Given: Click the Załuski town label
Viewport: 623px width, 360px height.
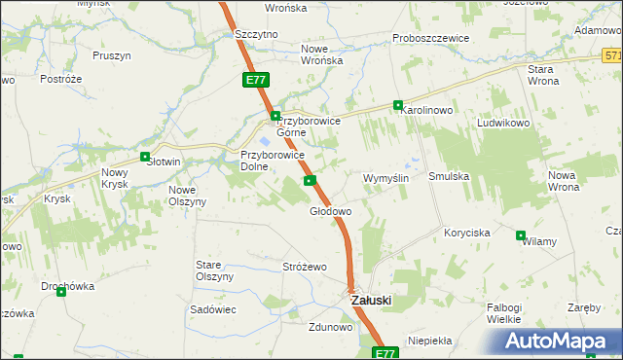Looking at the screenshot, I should pos(370,301).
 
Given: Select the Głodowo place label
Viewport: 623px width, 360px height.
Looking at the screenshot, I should pos(330,210).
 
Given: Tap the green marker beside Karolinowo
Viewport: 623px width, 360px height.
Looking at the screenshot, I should pos(398,105).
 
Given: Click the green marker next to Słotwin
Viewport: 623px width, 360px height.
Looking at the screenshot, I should pos(145,157).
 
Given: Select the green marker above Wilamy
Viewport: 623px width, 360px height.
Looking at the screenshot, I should pos(521,235).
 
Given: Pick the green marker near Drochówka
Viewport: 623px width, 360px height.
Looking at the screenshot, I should pos(60,292).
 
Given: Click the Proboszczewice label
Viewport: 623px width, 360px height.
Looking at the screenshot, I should pos(430,38).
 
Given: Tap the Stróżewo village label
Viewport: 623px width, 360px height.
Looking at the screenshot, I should pos(304,266).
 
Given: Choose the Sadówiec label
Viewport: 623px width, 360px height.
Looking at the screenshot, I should pos(213,308).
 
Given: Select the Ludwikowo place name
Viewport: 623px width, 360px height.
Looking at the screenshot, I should pos(502,125).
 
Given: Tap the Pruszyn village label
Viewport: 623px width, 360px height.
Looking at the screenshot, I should pos(112,55).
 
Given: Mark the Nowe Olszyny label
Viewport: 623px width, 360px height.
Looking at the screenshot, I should pos(187,196).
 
